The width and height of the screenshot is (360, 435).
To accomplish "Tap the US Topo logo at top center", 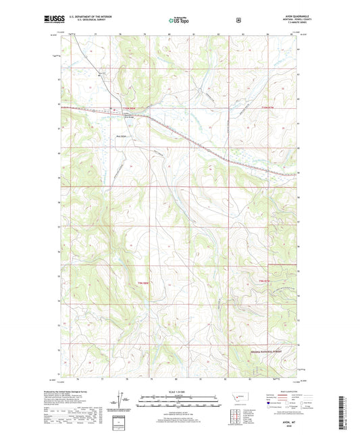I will click(180, 21).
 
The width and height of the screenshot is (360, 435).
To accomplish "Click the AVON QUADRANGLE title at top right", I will click(283, 18).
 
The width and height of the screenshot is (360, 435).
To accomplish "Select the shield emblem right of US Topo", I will click(238, 20).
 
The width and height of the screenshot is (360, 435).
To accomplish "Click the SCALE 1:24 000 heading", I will click(180, 391).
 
